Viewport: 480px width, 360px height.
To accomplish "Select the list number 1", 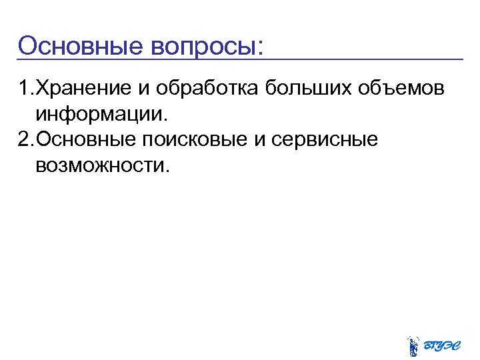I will click(x=24, y=89).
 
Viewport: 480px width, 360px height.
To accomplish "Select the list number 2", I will click(x=24, y=139).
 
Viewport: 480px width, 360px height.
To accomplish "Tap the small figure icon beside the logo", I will click(x=413, y=345).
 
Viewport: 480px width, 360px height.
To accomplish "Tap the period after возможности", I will click(x=167, y=169).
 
